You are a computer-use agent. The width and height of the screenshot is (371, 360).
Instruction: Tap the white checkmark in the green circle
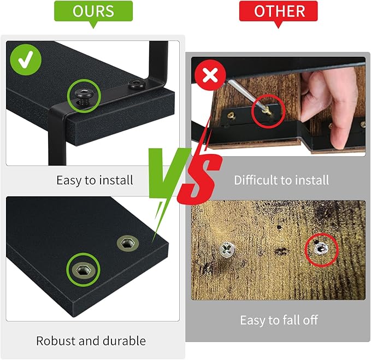[x=26, y=60]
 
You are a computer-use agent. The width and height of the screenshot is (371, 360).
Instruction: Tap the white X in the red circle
[x=210, y=75]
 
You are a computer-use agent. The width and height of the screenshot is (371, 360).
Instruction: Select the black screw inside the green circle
[x=84, y=96]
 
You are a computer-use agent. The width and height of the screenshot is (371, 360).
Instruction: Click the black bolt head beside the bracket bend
[x=136, y=85]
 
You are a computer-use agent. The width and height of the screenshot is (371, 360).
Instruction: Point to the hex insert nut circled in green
[x=83, y=269]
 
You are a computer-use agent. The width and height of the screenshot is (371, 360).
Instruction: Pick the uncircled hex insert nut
[x=128, y=243]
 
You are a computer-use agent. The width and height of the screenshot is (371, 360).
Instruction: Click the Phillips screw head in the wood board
[x=227, y=250]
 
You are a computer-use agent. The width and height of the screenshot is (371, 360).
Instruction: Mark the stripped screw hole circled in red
[x=321, y=249]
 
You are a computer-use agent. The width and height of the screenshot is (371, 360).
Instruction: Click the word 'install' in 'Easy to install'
[x=116, y=180]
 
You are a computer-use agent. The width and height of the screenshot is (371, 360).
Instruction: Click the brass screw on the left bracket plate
[x=231, y=115]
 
